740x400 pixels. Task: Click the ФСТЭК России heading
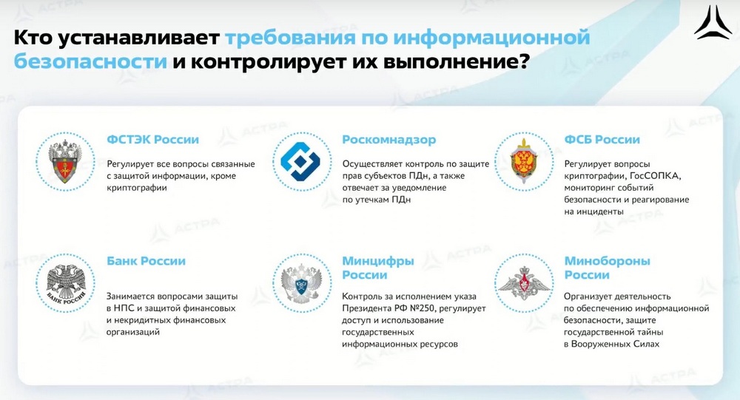[153, 140]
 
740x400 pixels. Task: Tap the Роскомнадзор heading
[389, 140]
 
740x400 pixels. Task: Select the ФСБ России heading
[602, 140]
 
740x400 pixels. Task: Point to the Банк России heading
[146, 261]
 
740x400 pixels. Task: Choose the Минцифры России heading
[378, 268]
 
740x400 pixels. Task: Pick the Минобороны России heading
[608, 268]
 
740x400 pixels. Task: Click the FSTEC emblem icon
[66, 162]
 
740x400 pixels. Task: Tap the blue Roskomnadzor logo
[300, 162]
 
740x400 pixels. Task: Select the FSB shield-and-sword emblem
[523, 161]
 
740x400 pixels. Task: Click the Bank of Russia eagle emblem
[66, 283]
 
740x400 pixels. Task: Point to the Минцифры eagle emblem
[301, 283]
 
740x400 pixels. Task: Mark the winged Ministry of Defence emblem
[525, 283]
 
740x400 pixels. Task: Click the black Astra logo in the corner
[713, 22]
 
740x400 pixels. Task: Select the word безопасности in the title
[90, 61]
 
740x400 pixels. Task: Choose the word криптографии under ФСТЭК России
[137, 188]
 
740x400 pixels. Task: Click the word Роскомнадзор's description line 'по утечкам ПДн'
[377, 200]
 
